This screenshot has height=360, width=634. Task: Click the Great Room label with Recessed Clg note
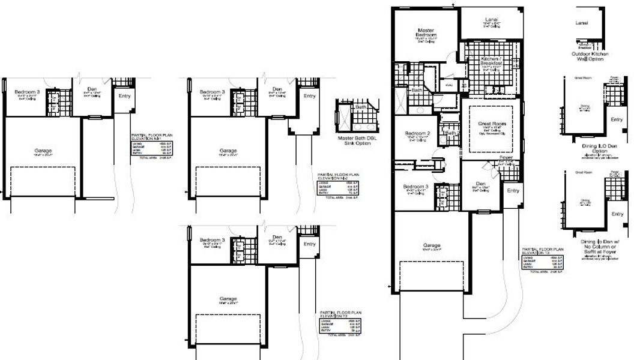click(492, 124)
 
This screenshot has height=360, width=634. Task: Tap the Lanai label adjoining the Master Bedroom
click(491, 20)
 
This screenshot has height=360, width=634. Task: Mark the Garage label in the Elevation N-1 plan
click(42, 151)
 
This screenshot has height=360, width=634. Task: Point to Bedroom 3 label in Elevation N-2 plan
click(213, 92)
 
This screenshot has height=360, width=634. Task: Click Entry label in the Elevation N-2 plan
click(310, 96)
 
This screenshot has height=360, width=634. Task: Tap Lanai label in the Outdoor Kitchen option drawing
click(582, 23)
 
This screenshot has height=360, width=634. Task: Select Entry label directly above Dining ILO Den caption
click(617, 119)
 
